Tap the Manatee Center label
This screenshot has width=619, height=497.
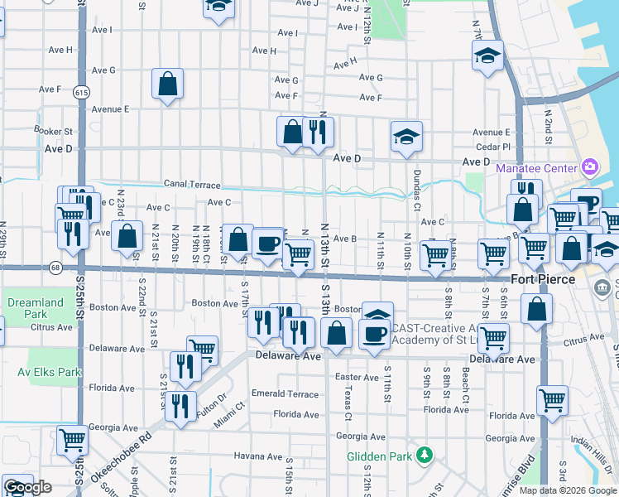534,168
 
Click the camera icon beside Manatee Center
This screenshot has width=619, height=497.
589,167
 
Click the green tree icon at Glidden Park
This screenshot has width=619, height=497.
425,454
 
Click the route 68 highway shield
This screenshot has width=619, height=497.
55,267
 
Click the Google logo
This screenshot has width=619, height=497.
27,487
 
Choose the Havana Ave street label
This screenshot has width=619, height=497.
257,456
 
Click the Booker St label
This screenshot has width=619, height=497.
54,131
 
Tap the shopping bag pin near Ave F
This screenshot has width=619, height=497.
167,84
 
